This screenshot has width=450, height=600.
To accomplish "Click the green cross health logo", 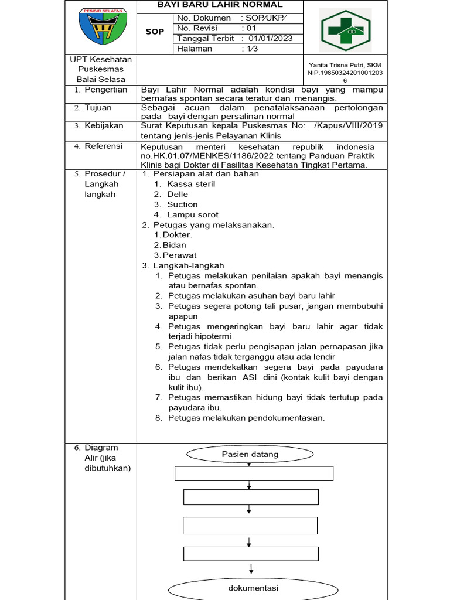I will click(345, 30).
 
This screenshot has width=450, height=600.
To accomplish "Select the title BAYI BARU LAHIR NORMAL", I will click(220, 5).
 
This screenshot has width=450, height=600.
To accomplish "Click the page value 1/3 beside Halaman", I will click(252, 49).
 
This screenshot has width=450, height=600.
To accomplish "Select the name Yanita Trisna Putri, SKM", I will click(345, 64).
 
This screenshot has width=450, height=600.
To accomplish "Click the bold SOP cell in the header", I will click(155, 32).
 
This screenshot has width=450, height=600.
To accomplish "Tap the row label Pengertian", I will click(105, 90).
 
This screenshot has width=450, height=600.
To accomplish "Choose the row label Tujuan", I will click(98, 108).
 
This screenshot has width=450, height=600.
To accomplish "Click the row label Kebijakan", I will click(104, 125).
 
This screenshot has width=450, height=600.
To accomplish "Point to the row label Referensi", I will click(103, 146).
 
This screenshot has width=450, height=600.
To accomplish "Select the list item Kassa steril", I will click(191, 184).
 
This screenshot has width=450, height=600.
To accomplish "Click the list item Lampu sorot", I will click(193, 215).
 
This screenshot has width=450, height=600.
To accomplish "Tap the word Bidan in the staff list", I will click(175, 245).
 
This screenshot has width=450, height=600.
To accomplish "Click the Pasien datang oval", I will click(250, 454).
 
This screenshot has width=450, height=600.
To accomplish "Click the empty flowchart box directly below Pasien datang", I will click(254, 473).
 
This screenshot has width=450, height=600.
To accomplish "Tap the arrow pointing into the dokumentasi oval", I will click(251, 569).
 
